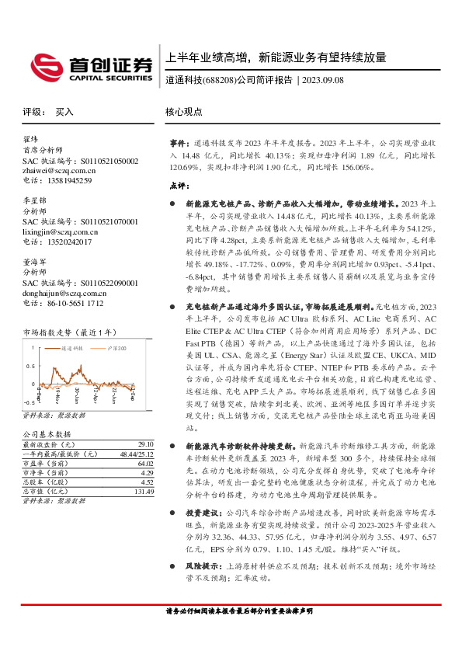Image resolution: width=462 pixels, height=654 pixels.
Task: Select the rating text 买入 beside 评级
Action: click(64, 112)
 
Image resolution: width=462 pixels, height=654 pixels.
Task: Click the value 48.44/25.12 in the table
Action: click(137, 453)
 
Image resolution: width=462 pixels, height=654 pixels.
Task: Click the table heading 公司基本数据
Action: click(47, 433)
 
